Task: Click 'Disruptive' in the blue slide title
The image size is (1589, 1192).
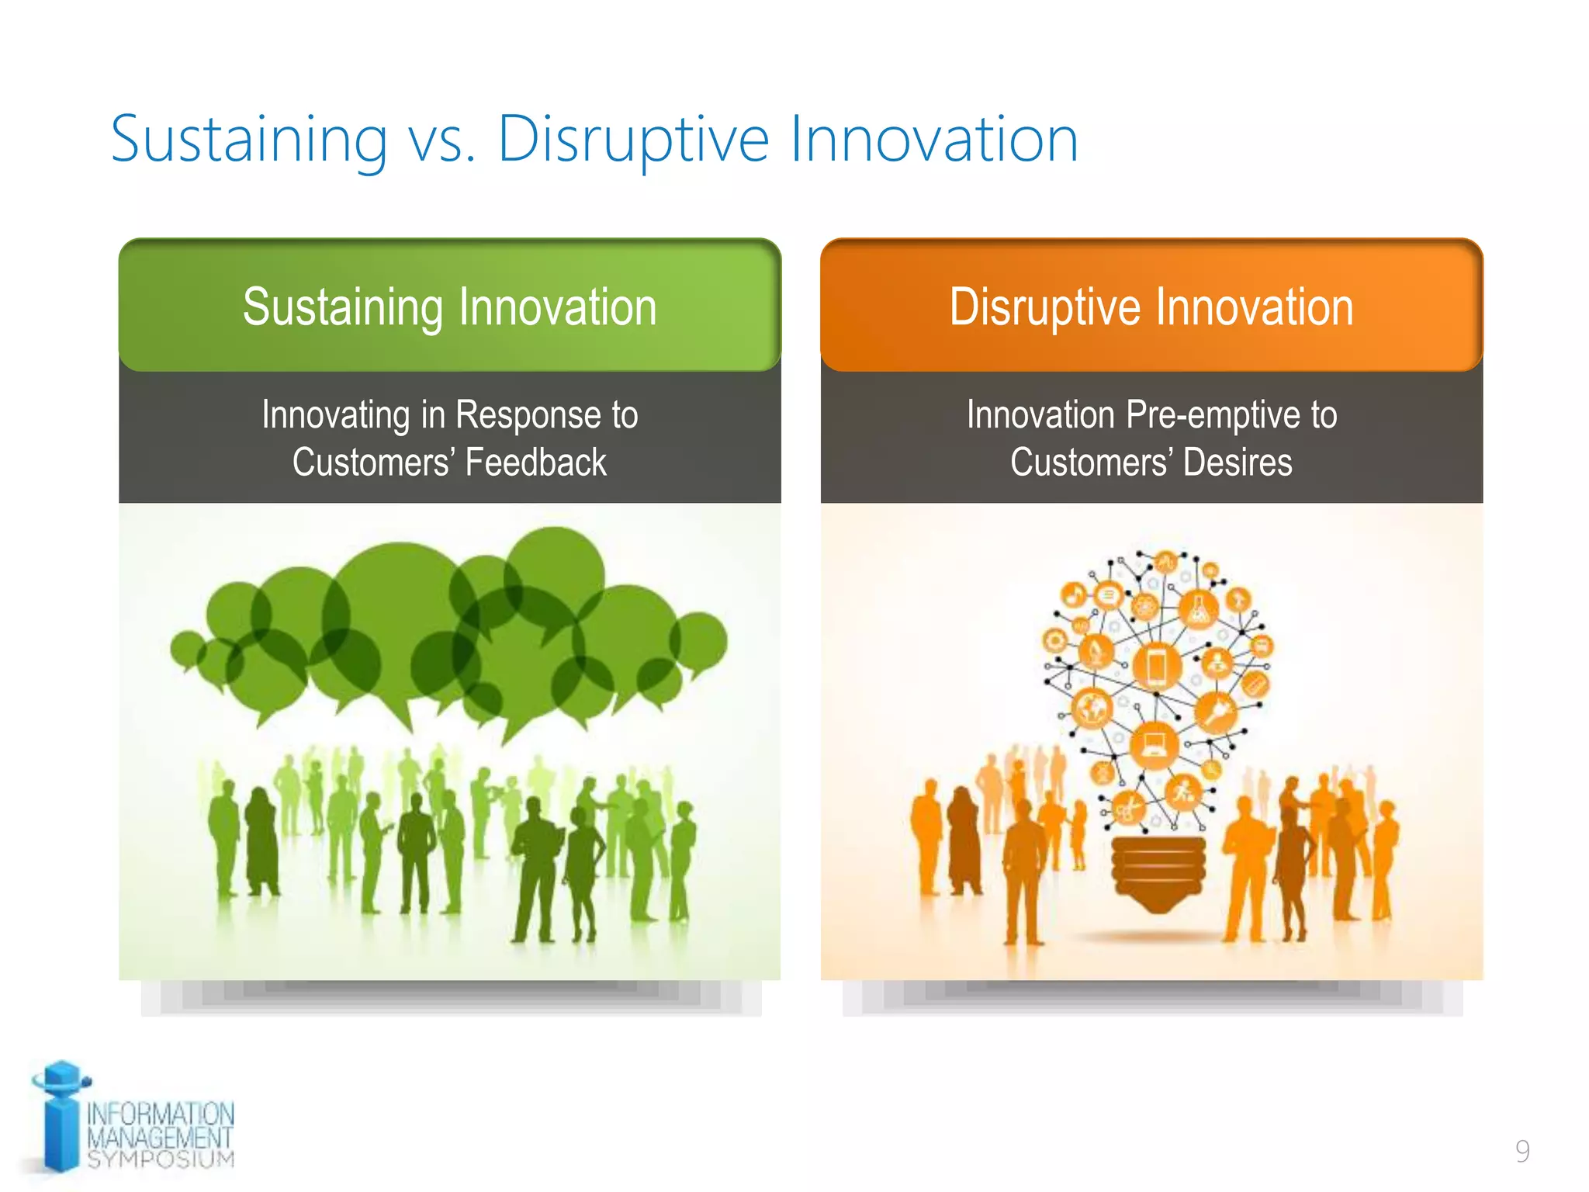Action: point(632,140)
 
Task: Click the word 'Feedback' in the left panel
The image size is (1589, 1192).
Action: point(535,463)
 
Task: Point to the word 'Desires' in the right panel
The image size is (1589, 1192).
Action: point(1238,463)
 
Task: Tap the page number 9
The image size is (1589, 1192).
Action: point(1522,1151)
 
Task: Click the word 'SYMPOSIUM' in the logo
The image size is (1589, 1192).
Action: point(161,1159)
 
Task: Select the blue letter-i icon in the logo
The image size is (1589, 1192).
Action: point(61,1117)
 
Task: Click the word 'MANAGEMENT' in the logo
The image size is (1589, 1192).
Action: point(160,1138)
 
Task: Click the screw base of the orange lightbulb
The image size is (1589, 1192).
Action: point(1158,873)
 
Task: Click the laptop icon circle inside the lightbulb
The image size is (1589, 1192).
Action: point(1154,746)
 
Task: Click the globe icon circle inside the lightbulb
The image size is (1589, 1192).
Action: point(1092,707)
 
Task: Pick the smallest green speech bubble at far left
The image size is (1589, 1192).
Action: point(187,649)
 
